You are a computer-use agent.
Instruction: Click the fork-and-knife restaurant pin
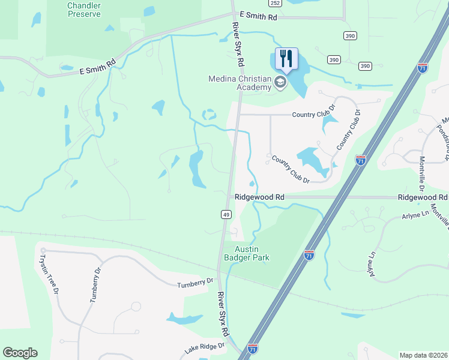tap(286, 59)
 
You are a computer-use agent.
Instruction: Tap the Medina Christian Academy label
tap(239, 82)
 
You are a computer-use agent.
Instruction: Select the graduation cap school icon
tap(280, 83)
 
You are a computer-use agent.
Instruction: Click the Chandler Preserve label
tap(83, 9)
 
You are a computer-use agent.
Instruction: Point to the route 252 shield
tap(275, 3)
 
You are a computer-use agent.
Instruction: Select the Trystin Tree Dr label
tap(49, 274)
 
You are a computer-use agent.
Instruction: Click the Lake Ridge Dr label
tap(204, 347)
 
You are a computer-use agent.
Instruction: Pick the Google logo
tap(20, 353)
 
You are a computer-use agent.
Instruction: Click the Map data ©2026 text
tap(423, 355)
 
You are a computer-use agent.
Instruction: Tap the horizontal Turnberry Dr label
tap(194, 282)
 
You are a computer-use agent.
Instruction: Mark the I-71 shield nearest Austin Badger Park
tap(309, 255)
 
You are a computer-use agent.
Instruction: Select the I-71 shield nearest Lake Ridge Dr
tap(253, 347)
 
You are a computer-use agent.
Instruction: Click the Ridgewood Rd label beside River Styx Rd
tap(259, 197)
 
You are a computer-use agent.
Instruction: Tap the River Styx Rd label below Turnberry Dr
tap(224, 313)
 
